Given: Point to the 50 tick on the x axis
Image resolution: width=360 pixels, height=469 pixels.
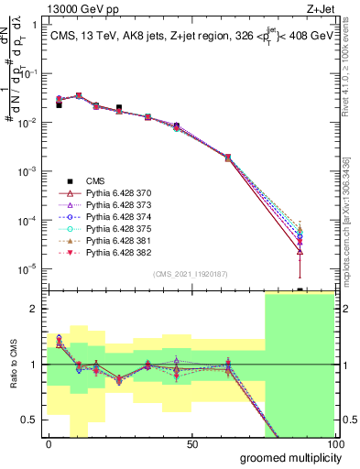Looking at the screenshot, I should (192, 444).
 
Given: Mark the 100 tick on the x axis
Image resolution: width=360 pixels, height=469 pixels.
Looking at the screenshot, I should (335, 444).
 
